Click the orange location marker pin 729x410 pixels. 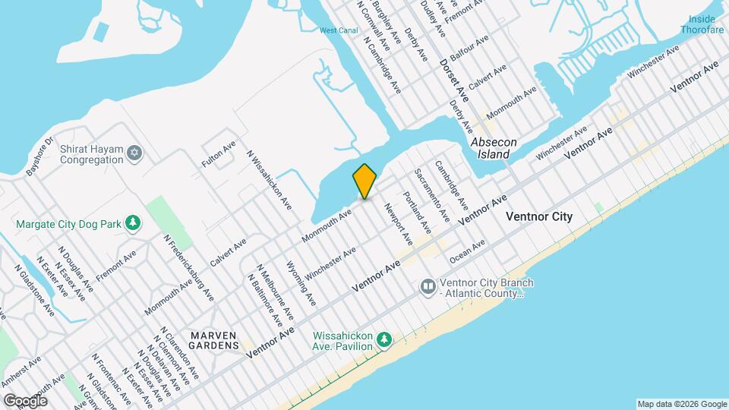(364, 181)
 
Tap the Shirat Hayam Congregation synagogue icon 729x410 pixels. (134, 154)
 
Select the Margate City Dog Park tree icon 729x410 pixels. (134, 222)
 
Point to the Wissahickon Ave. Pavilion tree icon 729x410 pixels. (385, 339)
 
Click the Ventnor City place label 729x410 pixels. (539, 217)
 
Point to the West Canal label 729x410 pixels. (339, 31)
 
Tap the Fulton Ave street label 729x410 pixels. (219, 154)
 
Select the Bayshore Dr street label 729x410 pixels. (39, 156)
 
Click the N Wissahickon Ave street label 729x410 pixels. (270, 179)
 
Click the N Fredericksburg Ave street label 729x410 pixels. (181, 266)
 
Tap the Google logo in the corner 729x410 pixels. (25, 400)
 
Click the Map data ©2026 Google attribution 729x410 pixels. (681, 403)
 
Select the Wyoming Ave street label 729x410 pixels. (301, 282)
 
